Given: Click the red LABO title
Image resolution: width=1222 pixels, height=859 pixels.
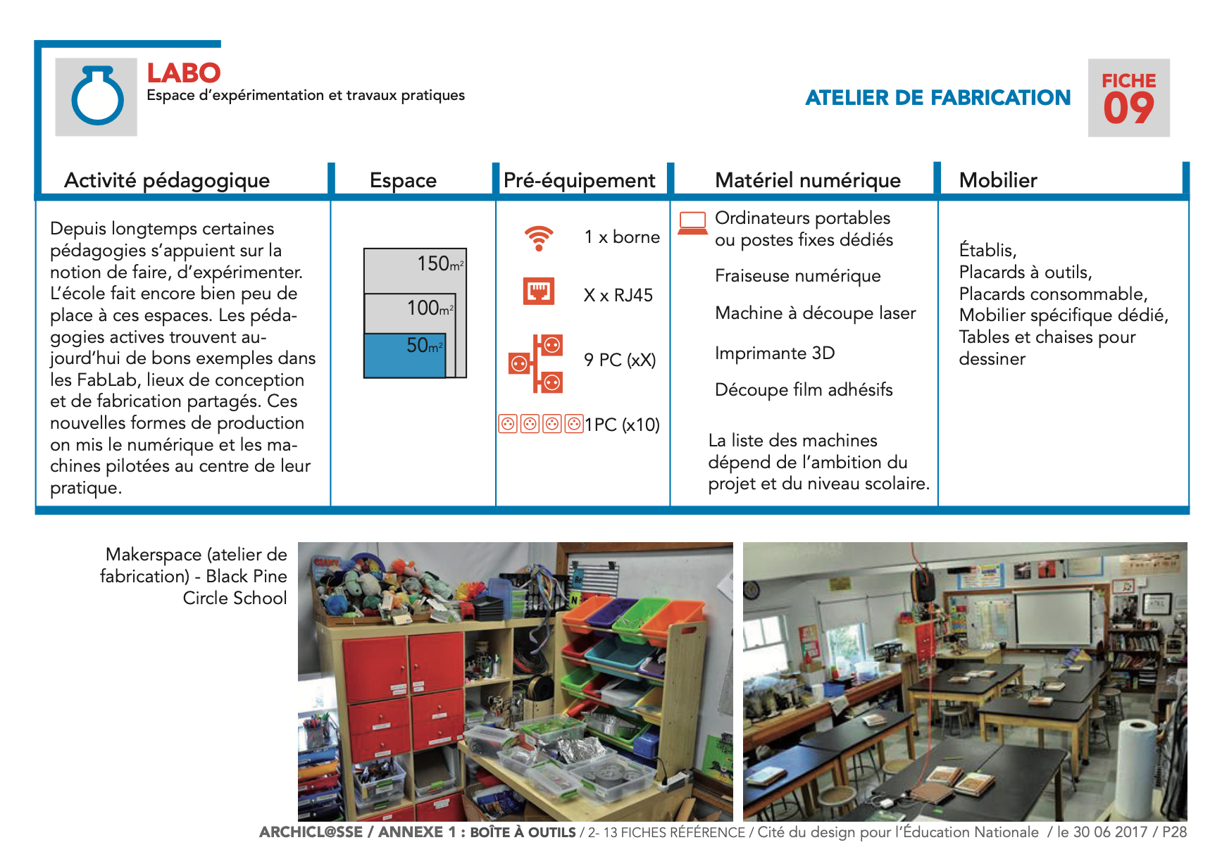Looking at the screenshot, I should pos(184,73).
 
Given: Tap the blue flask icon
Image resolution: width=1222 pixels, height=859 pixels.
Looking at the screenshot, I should pos(97,96).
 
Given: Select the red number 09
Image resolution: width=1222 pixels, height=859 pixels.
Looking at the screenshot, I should pos(1128,109).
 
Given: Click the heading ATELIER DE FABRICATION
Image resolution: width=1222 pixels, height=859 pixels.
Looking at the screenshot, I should pos(937,98).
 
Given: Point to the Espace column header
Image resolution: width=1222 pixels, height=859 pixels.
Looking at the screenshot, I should pos(403,180).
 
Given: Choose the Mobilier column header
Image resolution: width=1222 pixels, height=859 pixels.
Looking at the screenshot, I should pos(998,180).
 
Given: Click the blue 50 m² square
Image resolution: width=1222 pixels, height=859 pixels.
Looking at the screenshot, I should pos(404,356).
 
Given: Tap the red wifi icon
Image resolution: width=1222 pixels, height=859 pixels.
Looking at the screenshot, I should pos(539,238).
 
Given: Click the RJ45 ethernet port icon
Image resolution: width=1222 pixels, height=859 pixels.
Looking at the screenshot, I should pos(539,291).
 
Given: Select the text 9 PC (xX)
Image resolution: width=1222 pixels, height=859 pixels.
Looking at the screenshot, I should pos(620,360).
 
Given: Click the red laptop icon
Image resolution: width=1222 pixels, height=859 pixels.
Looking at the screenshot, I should pos(692,222).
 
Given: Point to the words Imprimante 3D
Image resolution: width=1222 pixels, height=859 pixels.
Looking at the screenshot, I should pos(775,353).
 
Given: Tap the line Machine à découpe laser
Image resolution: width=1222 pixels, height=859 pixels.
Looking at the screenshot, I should pos(815,313).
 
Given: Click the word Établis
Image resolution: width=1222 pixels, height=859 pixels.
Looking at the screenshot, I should pos(987,251).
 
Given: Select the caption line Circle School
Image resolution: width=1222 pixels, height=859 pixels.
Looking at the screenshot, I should pos(235,598).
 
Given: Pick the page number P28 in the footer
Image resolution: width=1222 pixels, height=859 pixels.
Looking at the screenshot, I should pos(1174,832).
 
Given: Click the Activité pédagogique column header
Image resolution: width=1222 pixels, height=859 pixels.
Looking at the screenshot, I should pos(167,180).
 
